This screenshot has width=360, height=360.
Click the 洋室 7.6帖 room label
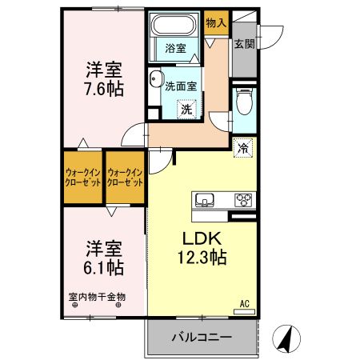click(103, 78)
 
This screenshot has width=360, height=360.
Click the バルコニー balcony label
click(201, 338)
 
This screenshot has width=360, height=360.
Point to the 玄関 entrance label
click(244, 44)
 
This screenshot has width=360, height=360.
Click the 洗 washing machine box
click(184, 109)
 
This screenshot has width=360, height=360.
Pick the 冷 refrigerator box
click(243, 146)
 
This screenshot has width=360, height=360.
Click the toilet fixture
click(244, 102)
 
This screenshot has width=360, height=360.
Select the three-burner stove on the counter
click(242, 200)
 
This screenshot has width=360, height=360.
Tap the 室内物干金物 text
click(97, 297)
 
